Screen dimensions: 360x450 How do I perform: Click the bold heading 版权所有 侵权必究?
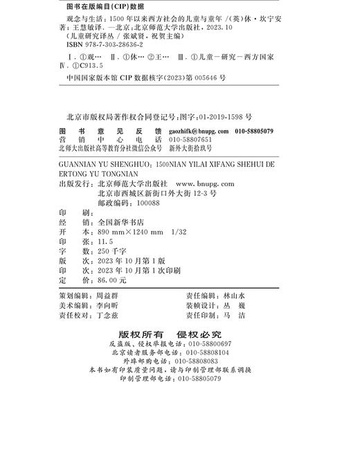click(x=179, y=333)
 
